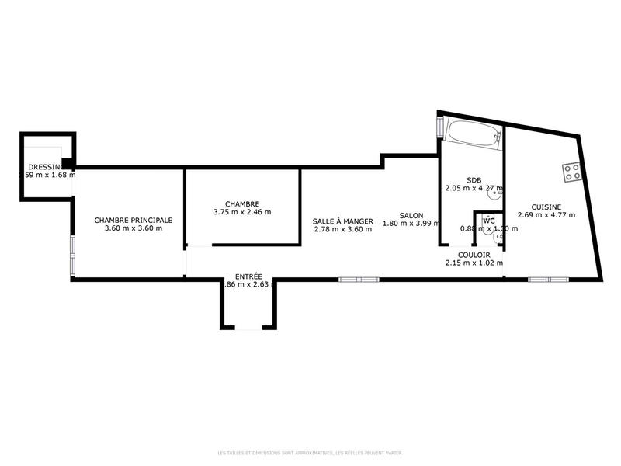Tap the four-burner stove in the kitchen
[572, 172]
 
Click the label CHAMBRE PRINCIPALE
[134, 220]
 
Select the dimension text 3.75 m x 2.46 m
[242, 212]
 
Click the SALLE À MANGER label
[343, 221]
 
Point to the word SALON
[411, 215]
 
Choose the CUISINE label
[546, 207]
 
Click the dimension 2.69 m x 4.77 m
[546, 215]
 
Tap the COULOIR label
[474, 255]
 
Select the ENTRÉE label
[248, 276]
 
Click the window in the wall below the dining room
[359, 279]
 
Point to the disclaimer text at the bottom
[310, 452]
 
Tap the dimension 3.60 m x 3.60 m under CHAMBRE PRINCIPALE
[134, 228]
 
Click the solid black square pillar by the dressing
[68, 163]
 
